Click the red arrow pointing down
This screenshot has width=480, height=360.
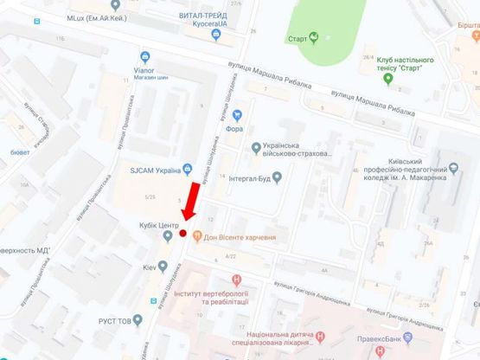tap(192, 203)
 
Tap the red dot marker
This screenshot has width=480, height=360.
tap(182, 233)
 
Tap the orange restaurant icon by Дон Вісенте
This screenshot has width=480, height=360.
tap(197, 235)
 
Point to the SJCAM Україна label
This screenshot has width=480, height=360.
tap(162, 170)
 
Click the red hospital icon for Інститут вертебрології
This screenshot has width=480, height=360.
tap(236, 279)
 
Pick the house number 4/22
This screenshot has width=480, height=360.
tap(230, 257)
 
